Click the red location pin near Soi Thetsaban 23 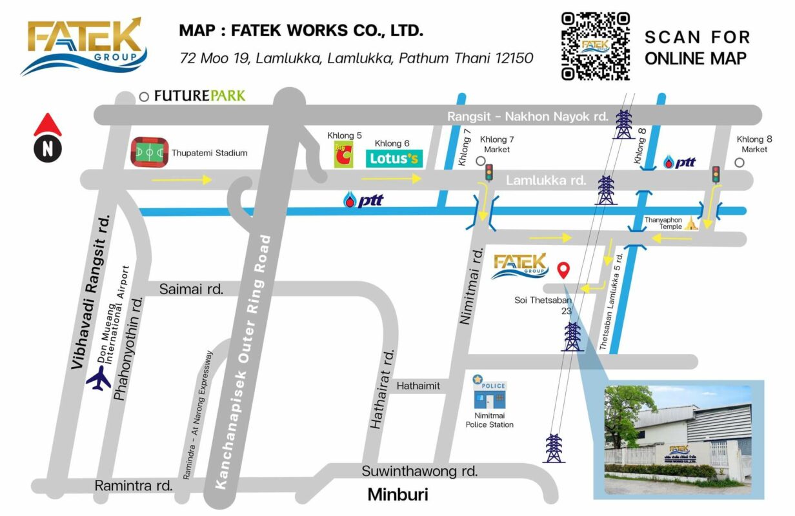point(563,270)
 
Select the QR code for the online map point(595,46)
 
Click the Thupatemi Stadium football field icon point(149,153)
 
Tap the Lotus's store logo point(394,158)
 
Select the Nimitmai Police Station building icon point(490,394)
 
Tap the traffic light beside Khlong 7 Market point(489,172)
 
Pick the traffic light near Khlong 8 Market point(716,174)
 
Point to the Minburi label point(397,495)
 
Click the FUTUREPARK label point(199,96)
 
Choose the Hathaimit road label point(418,386)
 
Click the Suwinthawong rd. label point(419,471)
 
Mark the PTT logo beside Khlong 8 point(679,162)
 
